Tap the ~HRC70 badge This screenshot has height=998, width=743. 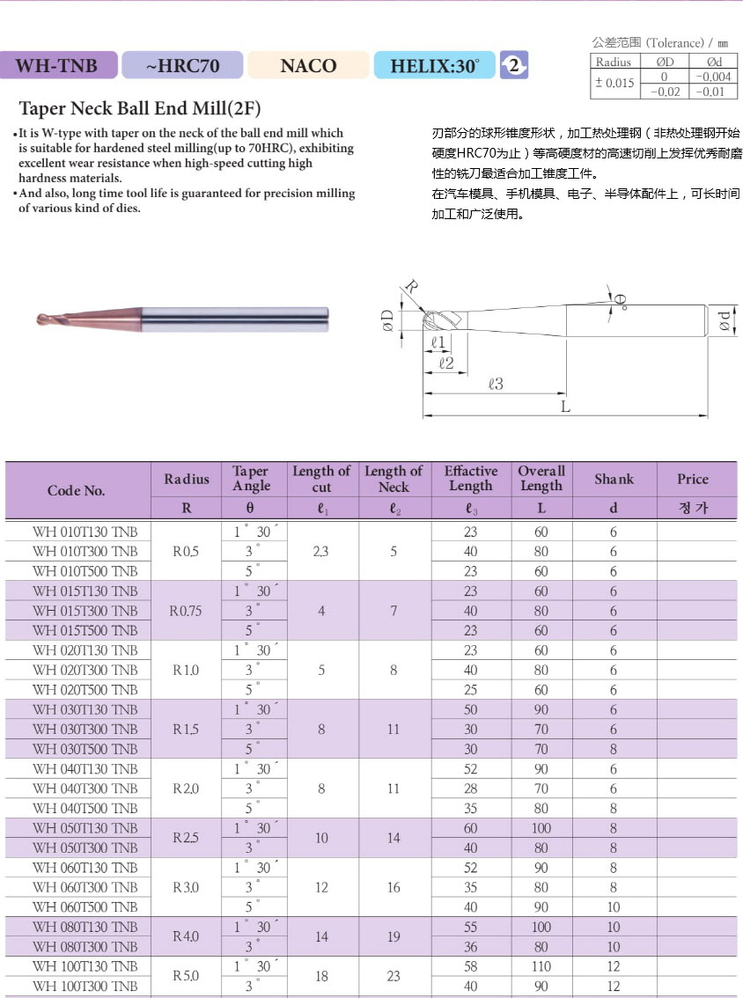[182, 65]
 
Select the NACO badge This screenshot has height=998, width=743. [308, 65]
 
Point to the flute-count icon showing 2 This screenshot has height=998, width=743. [514, 65]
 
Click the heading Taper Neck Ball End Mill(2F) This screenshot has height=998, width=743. [140, 109]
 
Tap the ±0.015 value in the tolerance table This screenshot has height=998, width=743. [614, 84]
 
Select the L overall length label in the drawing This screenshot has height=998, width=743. [566, 407]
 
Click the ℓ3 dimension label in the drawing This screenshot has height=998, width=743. [496, 384]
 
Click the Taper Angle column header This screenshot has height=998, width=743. [252, 479]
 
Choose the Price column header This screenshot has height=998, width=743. [693, 480]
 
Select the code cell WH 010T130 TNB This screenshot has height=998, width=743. [85, 532]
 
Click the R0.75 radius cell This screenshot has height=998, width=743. [187, 611]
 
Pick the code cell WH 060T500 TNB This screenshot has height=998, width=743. [85, 907]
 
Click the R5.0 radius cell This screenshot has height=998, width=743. [187, 976]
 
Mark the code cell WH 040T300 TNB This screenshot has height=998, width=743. [85, 789]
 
